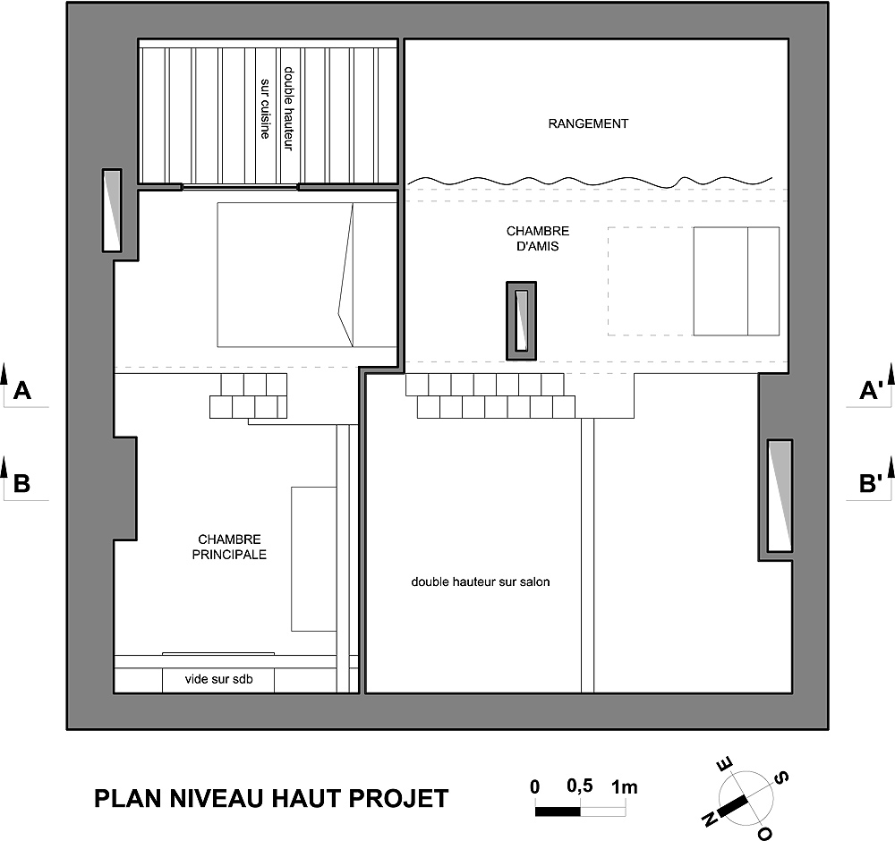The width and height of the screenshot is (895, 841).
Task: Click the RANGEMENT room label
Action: click(588, 123)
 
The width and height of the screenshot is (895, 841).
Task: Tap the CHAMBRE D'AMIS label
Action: click(538, 239)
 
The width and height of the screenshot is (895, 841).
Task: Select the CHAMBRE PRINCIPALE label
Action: click(229, 547)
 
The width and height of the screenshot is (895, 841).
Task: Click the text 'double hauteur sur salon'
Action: click(481, 582)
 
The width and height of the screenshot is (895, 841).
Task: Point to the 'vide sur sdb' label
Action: click(218, 679)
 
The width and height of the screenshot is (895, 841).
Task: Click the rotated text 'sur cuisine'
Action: click(266, 108)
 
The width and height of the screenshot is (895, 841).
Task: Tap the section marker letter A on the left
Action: click(21, 391)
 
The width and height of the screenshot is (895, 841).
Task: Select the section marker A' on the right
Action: click(871, 391)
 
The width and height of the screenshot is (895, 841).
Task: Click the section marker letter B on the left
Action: click(21, 483)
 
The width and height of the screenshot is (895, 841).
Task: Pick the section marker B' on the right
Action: click(871, 483)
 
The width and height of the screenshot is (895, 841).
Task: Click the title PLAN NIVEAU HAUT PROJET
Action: click(271, 798)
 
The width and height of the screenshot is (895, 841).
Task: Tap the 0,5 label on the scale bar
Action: click(580, 786)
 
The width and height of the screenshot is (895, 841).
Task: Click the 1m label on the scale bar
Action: click(625, 787)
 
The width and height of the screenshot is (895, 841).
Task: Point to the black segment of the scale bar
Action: click(558, 811)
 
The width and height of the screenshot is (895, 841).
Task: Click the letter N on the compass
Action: click(711, 820)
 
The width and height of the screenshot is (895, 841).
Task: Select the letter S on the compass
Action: click(781, 777)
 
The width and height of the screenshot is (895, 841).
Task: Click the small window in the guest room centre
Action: click(522, 320)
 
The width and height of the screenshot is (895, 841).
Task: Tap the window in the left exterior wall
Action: click(112, 210)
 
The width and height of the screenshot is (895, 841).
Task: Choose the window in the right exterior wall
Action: click(780, 496)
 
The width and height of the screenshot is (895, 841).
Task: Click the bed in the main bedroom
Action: click(307, 275)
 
